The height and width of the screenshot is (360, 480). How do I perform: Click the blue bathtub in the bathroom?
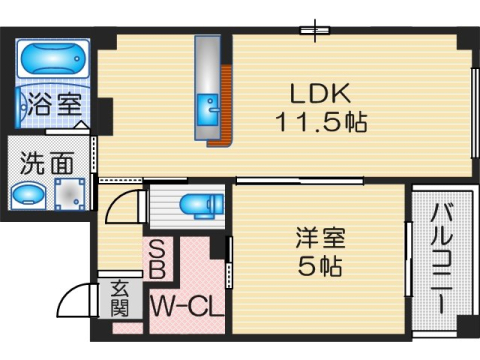53,58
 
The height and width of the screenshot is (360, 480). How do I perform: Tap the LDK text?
320,93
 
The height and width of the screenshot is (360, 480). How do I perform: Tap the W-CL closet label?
187,304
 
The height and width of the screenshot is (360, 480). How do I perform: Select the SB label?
158,258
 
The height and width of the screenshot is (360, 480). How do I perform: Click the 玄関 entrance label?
120,298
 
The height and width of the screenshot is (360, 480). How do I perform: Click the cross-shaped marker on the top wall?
320,28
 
